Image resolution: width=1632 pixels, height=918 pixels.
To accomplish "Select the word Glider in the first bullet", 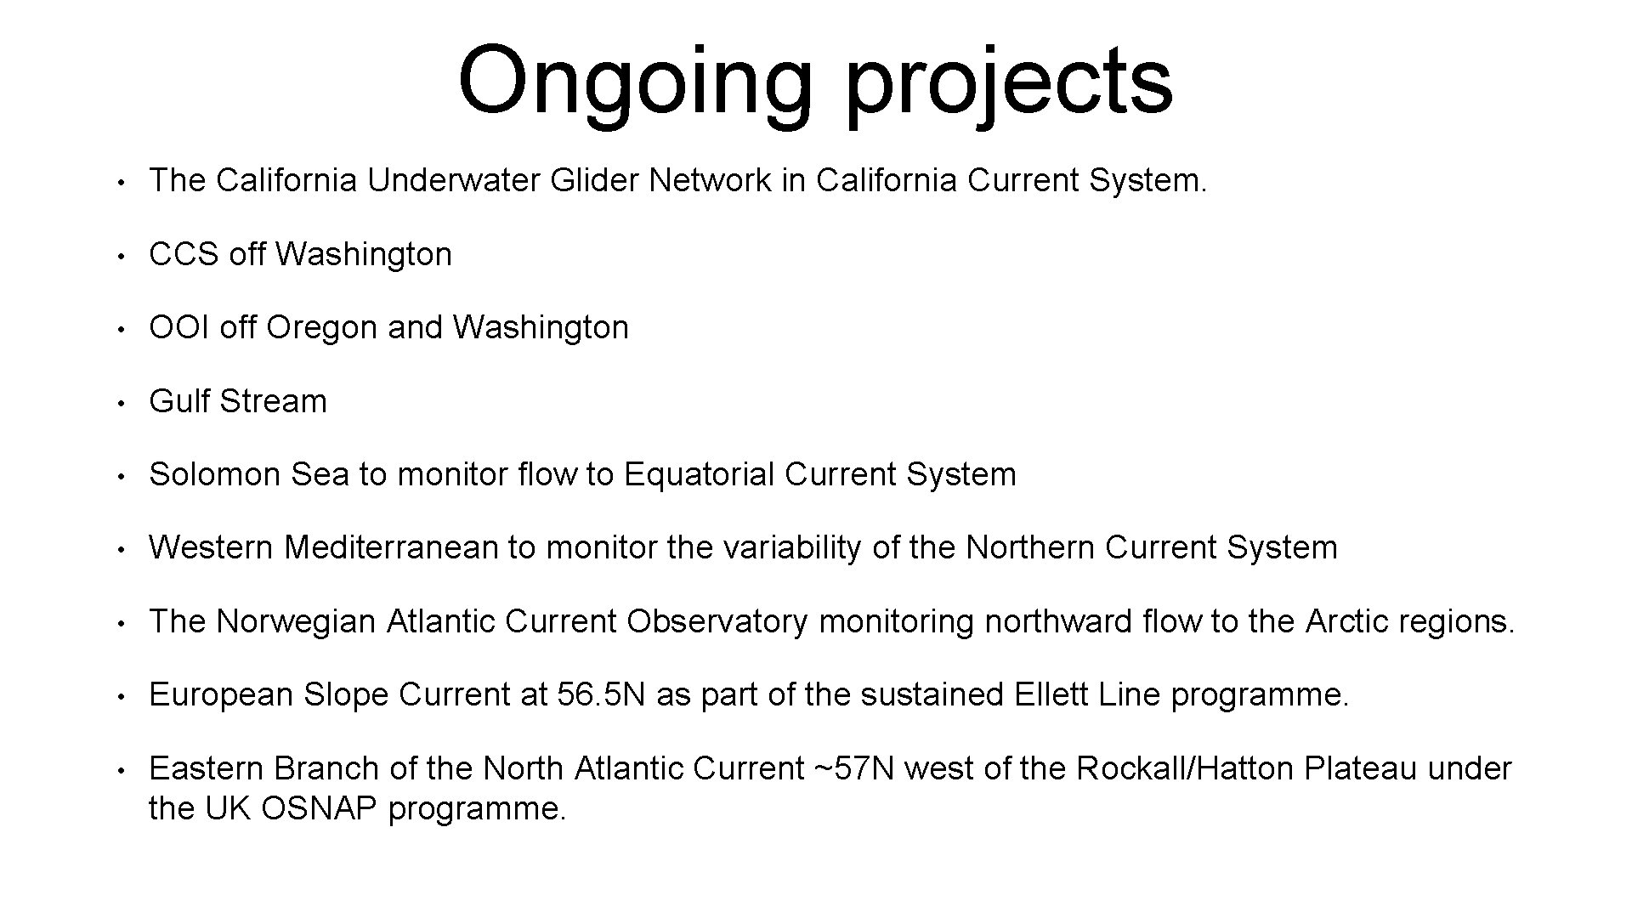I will [x=594, y=180].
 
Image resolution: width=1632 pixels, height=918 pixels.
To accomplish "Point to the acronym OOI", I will [x=178, y=327].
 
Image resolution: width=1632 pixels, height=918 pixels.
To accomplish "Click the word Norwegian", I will [x=296, y=621].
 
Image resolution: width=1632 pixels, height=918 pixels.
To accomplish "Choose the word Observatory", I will [x=717, y=621].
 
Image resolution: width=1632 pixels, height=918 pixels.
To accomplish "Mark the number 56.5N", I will [x=601, y=694].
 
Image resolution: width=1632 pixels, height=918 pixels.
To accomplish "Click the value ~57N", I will [x=854, y=768].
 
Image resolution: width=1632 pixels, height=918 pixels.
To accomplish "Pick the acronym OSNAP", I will [x=319, y=808].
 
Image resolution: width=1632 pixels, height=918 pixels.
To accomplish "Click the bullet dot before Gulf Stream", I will [x=122, y=403].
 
